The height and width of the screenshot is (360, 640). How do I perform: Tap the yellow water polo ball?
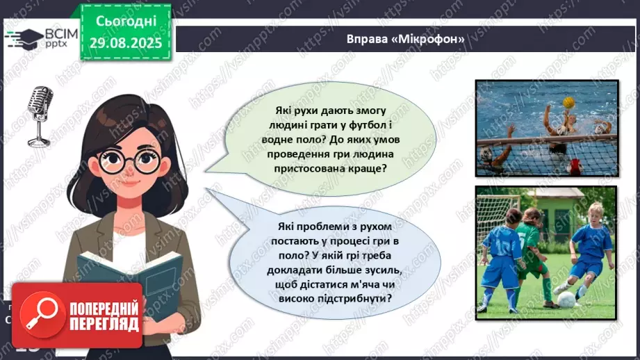pyautogui.click(x=569, y=102)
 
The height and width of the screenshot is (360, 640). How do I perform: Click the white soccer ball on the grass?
pyautogui.click(x=567, y=300)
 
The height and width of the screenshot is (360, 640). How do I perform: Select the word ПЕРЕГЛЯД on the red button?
pyautogui.click(x=103, y=325)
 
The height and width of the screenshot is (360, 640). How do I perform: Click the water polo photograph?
pyautogui.click(x=546, y=127)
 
